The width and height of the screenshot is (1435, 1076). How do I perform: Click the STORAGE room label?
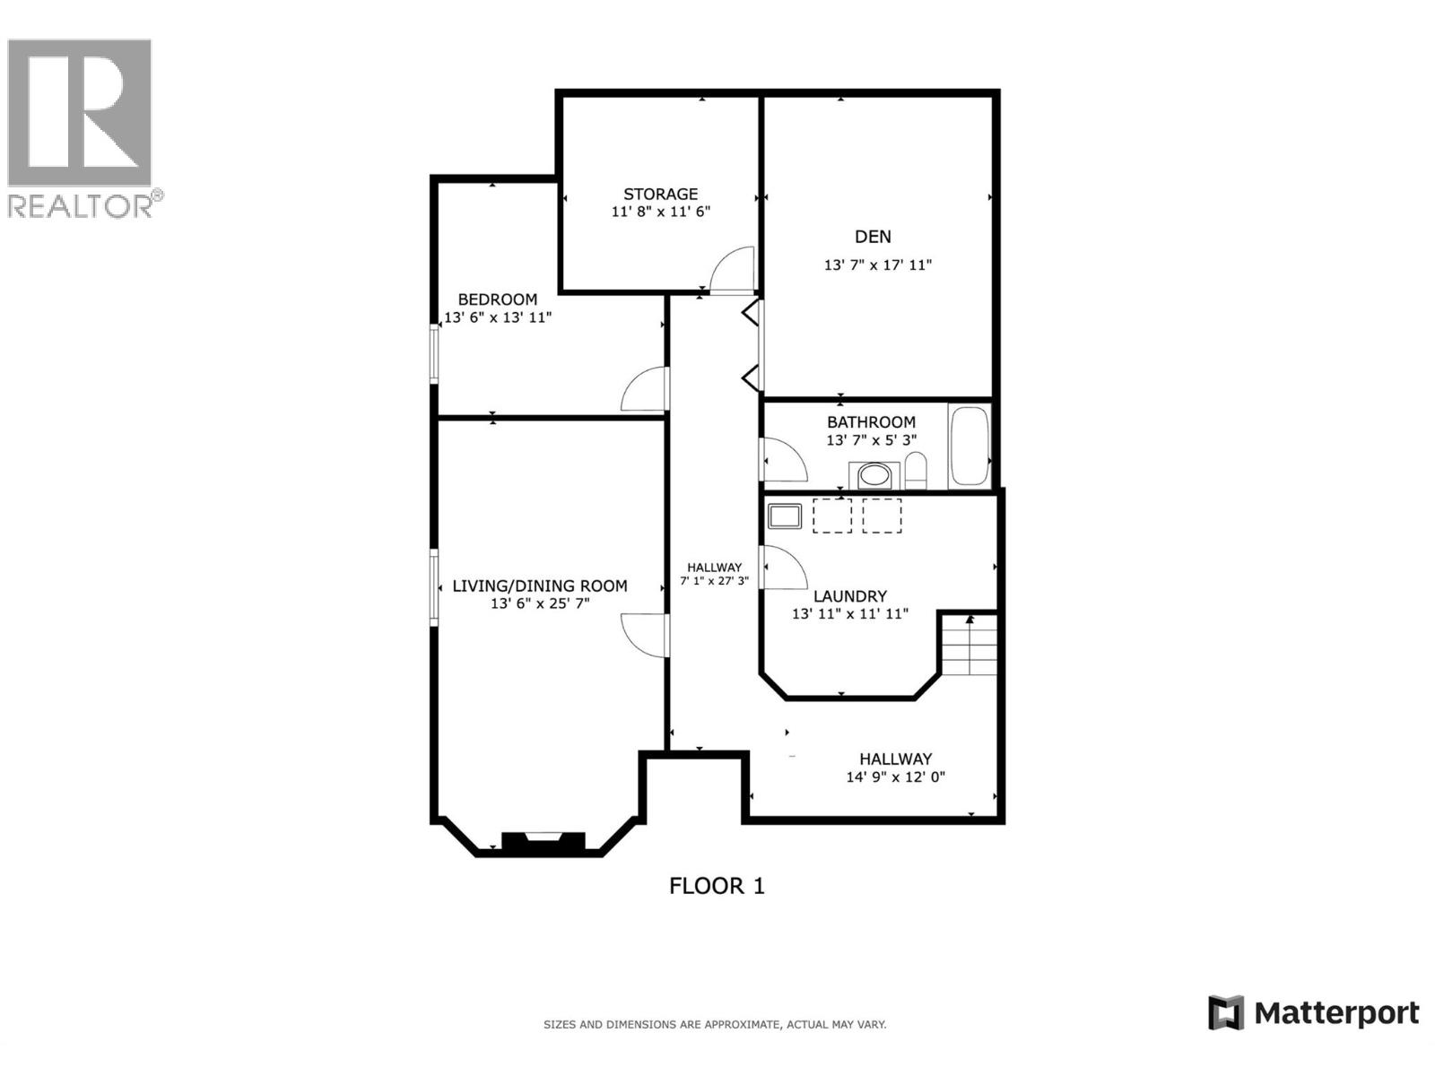[x=660, y=194]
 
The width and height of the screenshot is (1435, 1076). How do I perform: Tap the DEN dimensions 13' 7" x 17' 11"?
[x=877, y=265]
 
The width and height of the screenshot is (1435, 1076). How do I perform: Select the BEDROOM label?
[x=497, y=299]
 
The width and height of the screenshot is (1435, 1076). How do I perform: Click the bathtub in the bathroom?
[x=969, y=446]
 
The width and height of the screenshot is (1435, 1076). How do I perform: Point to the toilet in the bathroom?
[x=915, y=471]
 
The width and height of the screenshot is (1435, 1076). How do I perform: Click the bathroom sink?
[x=874, y=474]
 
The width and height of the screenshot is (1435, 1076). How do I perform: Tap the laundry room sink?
[x=785, y=516]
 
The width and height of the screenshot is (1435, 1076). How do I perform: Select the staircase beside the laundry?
[x=970, y=645]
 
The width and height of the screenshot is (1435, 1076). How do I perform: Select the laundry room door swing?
[x=783, y=568]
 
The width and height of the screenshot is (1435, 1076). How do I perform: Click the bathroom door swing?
[x=783, y=460]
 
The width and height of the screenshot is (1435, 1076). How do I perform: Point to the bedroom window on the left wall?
[x=434, y=354]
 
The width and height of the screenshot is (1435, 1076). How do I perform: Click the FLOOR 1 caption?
[x=717, y=886]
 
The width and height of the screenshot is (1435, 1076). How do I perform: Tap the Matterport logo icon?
[x=1225, y=1013]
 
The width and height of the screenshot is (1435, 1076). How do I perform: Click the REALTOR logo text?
[x=81, y=206]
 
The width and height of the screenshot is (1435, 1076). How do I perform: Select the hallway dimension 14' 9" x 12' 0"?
[x=895, y=777]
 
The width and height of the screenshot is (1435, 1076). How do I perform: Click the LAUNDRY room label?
[x=849, y=596]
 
